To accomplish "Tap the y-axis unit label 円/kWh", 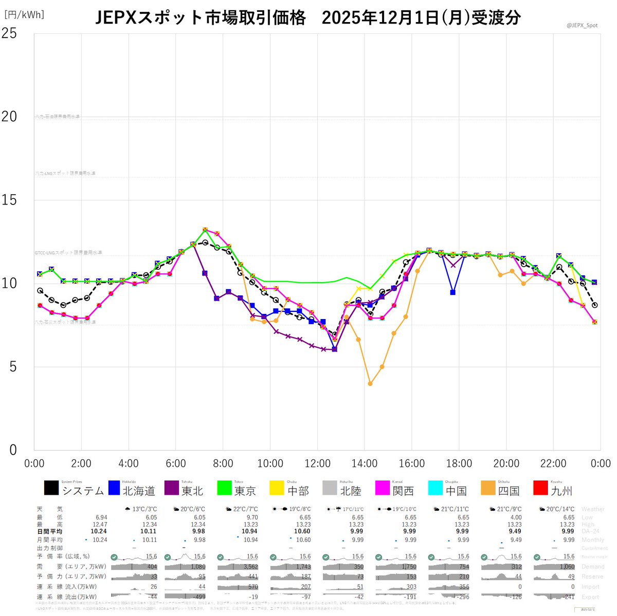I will point(24,15).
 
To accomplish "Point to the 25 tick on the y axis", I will point(10,33).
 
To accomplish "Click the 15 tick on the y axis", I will point(10,200).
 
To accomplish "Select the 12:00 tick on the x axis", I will point(317,463).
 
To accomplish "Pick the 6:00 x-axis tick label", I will point(175,463).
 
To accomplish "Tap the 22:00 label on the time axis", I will point(553,463).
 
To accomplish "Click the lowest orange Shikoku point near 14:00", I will point(370,384).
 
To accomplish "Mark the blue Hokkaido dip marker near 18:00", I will point(452,292).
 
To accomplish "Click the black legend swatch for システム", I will point(51,488).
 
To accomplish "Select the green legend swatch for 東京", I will point(224,488).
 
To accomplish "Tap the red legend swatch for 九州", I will point(541,488).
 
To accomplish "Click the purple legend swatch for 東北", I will point(172,488).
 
